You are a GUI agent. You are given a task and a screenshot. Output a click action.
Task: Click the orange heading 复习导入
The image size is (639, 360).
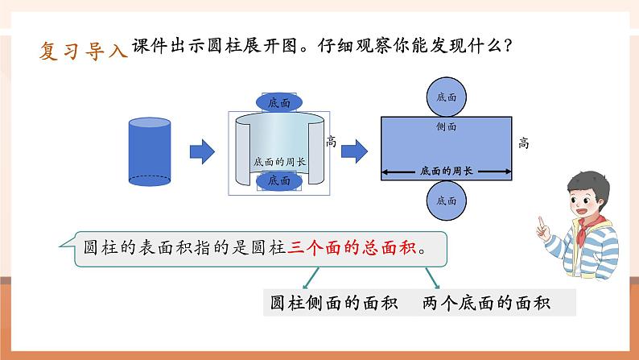[x=84, y=52]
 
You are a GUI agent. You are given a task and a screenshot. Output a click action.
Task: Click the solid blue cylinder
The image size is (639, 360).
[x=150, y=151]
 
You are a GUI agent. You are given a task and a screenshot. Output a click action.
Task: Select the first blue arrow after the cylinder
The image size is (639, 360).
[x=202, y=150]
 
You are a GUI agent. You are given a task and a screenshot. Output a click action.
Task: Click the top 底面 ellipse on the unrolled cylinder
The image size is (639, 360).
[x=280, y=102]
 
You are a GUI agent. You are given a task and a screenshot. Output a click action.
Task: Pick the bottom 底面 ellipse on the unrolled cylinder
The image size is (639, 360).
[x=279, y=181]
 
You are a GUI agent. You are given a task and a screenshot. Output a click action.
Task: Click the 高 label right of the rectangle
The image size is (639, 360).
[x=524, y=143]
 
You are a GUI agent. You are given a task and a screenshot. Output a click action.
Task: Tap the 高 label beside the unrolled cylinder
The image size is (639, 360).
[x=332, y=141]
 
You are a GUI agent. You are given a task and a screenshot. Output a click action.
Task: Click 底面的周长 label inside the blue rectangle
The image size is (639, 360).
[x=446, y=171]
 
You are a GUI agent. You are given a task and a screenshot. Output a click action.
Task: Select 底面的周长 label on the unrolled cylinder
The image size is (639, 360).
[x=279, y=161]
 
